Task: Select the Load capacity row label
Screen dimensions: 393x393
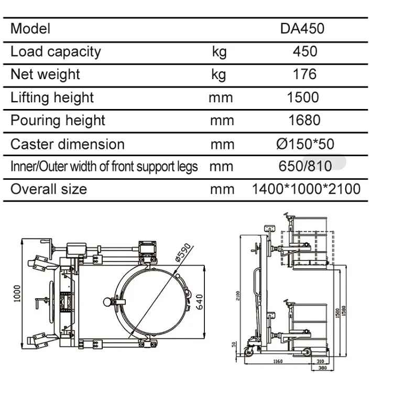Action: click(56, 51)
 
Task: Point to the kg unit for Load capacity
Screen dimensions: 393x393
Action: click(219, 51)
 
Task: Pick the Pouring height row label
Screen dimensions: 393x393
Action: click(58, 121)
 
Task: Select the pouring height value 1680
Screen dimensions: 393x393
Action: click(304, 121)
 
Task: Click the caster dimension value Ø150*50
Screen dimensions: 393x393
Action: click(305, 144)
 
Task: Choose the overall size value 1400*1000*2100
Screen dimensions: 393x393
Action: click(306, 189)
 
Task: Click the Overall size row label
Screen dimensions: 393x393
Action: click(49, 189)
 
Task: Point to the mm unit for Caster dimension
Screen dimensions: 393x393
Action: click(222, 144)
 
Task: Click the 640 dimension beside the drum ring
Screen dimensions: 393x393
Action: click(199, 301)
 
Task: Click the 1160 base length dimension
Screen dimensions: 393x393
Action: click(278, 361)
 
